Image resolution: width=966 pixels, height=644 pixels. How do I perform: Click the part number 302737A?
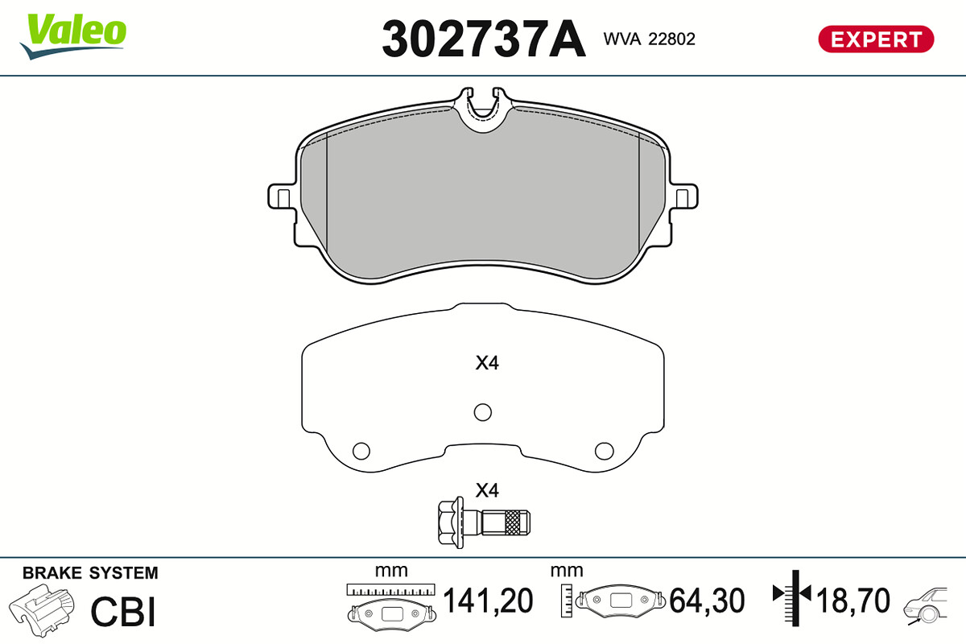point(484,39)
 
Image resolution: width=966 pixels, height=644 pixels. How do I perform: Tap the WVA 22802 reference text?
point(649,39)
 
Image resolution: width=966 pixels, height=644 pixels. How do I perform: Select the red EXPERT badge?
point(876,39)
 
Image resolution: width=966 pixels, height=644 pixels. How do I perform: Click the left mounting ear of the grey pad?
point(282,197)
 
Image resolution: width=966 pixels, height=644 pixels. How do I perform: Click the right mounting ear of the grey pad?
point(683,197)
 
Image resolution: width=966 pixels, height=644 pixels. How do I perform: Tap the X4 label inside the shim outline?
point(487,363)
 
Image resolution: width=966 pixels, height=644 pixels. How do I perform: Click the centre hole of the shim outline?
point(482,412)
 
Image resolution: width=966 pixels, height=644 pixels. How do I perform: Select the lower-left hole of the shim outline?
point(361,451)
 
